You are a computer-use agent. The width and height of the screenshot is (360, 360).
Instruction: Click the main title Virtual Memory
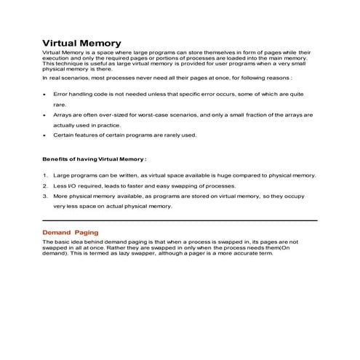pyautogui.click(x=81, y=44)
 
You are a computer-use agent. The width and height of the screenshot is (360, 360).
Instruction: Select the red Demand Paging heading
pyautogui.click(x=70, y=232)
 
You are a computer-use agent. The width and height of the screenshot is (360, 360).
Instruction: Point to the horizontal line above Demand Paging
pyautogui.click(x=180, y=220)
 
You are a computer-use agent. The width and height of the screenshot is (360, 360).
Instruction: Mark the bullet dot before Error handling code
pyautogui.click(x=45, y=94)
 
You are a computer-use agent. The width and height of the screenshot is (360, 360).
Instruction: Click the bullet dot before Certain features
pyautogui.click(x=45, y=135)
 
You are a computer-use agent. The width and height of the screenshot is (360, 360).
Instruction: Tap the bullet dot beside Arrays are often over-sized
pyautogui.click(x=45, y=115)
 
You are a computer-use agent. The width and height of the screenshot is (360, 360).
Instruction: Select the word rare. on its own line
pyautogui.click(x=60, y=104)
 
